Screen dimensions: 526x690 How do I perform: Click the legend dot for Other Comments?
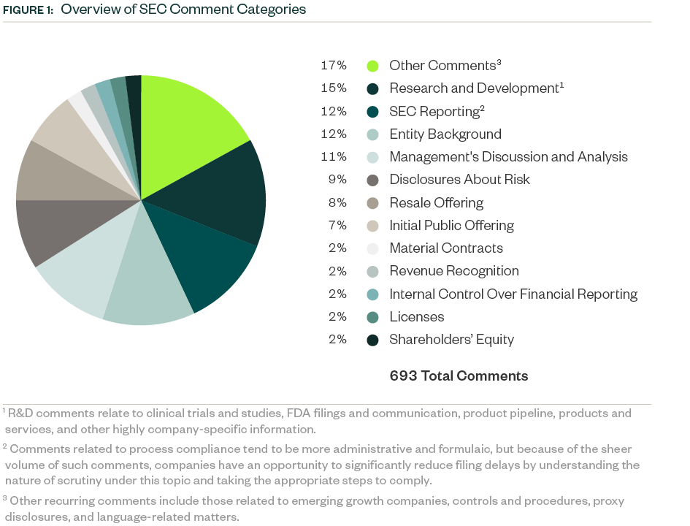click(x=372, y=66)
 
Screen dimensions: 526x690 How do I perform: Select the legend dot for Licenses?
click(x=372, y=317)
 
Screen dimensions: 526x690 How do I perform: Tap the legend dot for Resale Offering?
click(x=372, y=203)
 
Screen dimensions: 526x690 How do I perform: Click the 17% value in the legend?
click(x=334, y=66)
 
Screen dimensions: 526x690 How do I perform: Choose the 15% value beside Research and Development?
click(x=334, y=88)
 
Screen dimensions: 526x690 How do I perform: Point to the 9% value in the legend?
click(x=337, y=180)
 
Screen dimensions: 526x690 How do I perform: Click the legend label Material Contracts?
click(x=446, y=248)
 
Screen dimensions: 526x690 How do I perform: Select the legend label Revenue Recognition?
click(x=454, y=271)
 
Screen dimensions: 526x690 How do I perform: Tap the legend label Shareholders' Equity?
click(x=451, y=340)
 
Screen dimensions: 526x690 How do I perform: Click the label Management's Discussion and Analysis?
click(x=508, y=157)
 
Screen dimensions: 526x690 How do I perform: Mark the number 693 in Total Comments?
click(x=403, y=376)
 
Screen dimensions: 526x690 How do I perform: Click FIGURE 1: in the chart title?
click(x=28, y=10)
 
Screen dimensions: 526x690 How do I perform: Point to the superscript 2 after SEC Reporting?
click(x=482, y=108)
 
